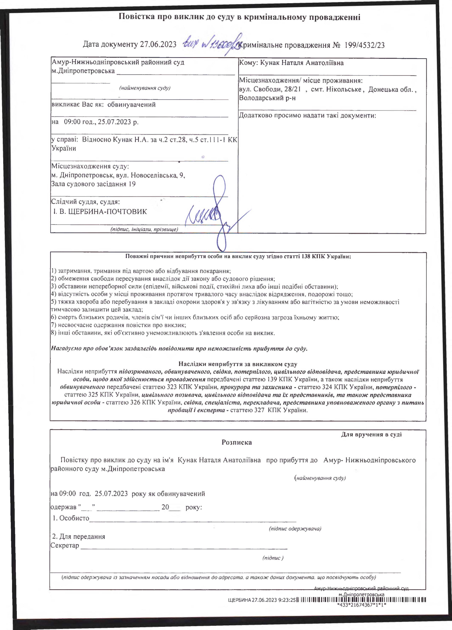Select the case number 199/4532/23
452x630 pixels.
point(364,45)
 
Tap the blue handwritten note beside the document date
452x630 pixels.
point(211,43)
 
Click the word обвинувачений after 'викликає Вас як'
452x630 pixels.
point(131,105)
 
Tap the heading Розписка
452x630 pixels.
point(237,442)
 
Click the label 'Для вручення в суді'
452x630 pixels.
point(371,434)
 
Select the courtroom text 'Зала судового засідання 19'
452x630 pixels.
point(93,184)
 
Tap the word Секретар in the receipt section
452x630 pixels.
point(64,545)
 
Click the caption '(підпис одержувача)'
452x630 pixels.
point(295,529)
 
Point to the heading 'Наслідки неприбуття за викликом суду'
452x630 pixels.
point(238,364)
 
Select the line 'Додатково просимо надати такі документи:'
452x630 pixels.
point(307,115)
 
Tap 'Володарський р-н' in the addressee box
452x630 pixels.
point(267,98)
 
